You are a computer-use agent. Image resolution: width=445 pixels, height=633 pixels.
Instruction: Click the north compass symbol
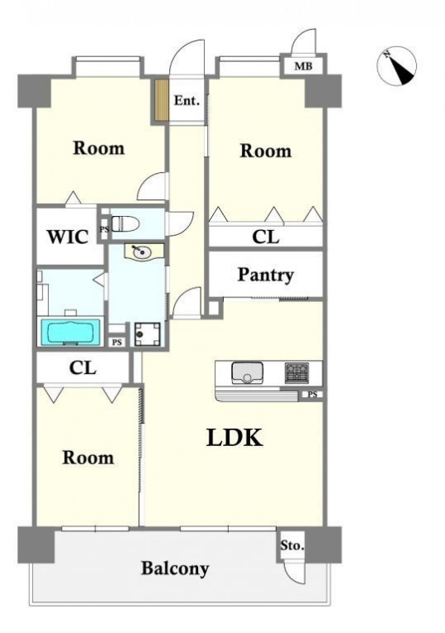(x=396, y=66)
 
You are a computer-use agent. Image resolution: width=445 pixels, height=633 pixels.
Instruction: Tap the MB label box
(x=303, y=65)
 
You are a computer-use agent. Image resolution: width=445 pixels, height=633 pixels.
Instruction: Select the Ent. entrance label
(x=186, y=100)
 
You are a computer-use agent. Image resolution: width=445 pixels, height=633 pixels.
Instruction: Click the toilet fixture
(x=125, y=223)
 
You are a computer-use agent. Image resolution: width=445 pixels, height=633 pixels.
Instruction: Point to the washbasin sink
(x=142, y=252)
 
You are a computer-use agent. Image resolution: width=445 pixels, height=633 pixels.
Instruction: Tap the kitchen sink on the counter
(x=247, y=372)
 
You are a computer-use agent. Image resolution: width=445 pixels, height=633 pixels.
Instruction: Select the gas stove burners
(x=297, y=372)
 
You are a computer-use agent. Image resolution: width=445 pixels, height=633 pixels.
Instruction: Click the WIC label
(x=68, y=237)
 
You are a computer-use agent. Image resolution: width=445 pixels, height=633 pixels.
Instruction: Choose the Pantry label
(x=265, y=275)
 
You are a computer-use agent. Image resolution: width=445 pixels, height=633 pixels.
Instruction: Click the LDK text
(x=235, y=437)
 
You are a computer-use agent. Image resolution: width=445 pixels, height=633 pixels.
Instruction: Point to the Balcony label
(x=175, y=568)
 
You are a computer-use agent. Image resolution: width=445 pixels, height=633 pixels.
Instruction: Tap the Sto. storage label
(x=292, y=545)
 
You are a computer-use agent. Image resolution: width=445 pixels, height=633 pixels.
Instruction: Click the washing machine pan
(x=148, y=334)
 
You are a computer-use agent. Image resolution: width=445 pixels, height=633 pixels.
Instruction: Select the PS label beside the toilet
(x=104, y=229)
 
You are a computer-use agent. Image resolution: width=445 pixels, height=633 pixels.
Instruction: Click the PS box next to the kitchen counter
(x=312, y=395)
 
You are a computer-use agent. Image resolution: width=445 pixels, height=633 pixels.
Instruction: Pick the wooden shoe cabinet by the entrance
(x=160, y=99)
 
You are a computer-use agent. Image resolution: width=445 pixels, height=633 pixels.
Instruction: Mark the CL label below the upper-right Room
(x=265, y=237)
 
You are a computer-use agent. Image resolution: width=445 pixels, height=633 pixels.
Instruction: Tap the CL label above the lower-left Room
(x=82, y=367)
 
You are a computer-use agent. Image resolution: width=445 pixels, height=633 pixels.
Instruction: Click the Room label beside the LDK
(x=88, y=458)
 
